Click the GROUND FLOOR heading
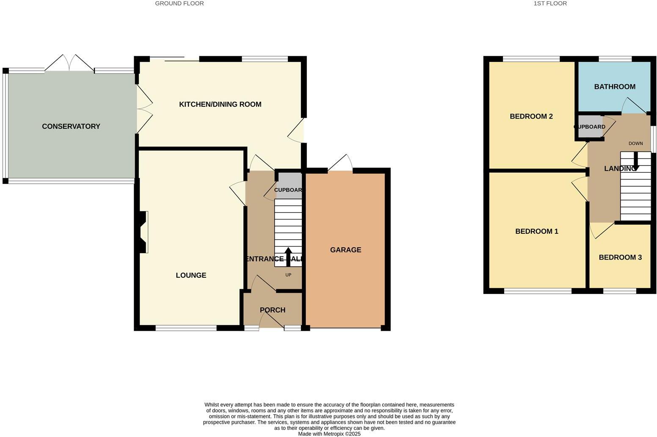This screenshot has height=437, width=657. point(179,3)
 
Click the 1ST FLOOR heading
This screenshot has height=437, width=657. point(550,3)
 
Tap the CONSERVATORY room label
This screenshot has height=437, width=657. point(71,126)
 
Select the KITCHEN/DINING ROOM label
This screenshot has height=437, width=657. point(220,104)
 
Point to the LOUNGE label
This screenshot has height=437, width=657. point(191,275)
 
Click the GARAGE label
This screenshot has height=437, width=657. point(345,250)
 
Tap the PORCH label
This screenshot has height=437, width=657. point(272,310)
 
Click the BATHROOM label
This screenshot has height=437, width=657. point(614,87)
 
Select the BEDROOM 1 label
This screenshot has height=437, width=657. point(536,231)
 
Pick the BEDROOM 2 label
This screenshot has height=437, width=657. point(531,116)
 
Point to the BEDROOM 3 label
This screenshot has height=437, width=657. point(620,257)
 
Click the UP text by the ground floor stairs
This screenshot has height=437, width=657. point(288,275)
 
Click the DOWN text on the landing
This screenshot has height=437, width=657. point(635,144)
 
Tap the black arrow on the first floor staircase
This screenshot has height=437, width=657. point(635,161)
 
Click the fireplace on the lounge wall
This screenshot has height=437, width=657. point(143,232)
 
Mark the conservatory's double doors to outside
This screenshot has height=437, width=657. point(69,64)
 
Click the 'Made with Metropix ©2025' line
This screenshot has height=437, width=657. point(329,434)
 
